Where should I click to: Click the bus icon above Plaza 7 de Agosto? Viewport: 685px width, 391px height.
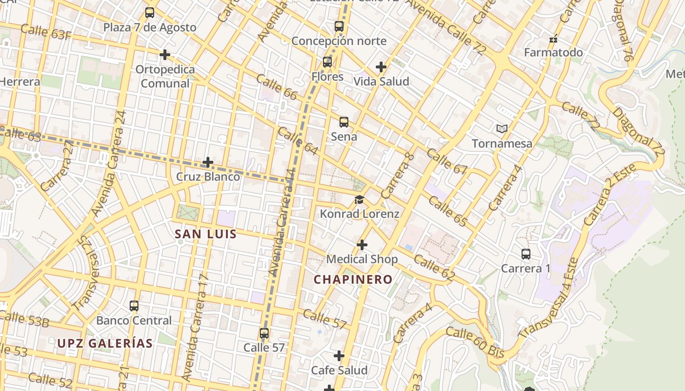[x=150, y=13]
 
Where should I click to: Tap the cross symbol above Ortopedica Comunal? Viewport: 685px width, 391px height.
[x=165, y=55]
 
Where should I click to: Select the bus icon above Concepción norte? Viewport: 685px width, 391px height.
[x=339, y=26]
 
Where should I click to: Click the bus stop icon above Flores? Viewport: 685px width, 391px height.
[x=327, y=62]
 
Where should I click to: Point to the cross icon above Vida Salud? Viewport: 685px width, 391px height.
[x=381, y=67]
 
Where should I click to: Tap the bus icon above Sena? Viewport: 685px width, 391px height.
[x=344, y=122]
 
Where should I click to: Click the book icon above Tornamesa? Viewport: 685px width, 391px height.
[x=502, y=129]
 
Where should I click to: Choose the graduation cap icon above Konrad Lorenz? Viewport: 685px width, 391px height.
[x=360, y=199]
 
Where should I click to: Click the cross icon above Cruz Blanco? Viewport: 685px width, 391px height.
[x=208, y=162]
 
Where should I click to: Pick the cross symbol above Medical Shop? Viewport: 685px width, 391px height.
[x=362, y=244]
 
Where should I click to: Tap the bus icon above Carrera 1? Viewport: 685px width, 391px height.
[x=526, y=254]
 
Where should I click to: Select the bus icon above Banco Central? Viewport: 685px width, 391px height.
[x=134, y=306]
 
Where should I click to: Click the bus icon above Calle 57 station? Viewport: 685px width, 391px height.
[x=264, y=333]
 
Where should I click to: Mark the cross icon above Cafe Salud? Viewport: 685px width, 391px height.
[x=339, y=356]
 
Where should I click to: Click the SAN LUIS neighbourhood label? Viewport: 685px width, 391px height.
[x=206, y=234]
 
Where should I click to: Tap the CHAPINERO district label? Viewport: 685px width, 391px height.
[x=353, y=280]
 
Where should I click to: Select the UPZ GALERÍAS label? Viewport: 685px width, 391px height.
[x=105, y=343]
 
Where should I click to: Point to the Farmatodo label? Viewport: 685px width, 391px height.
[x=553, y=52]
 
